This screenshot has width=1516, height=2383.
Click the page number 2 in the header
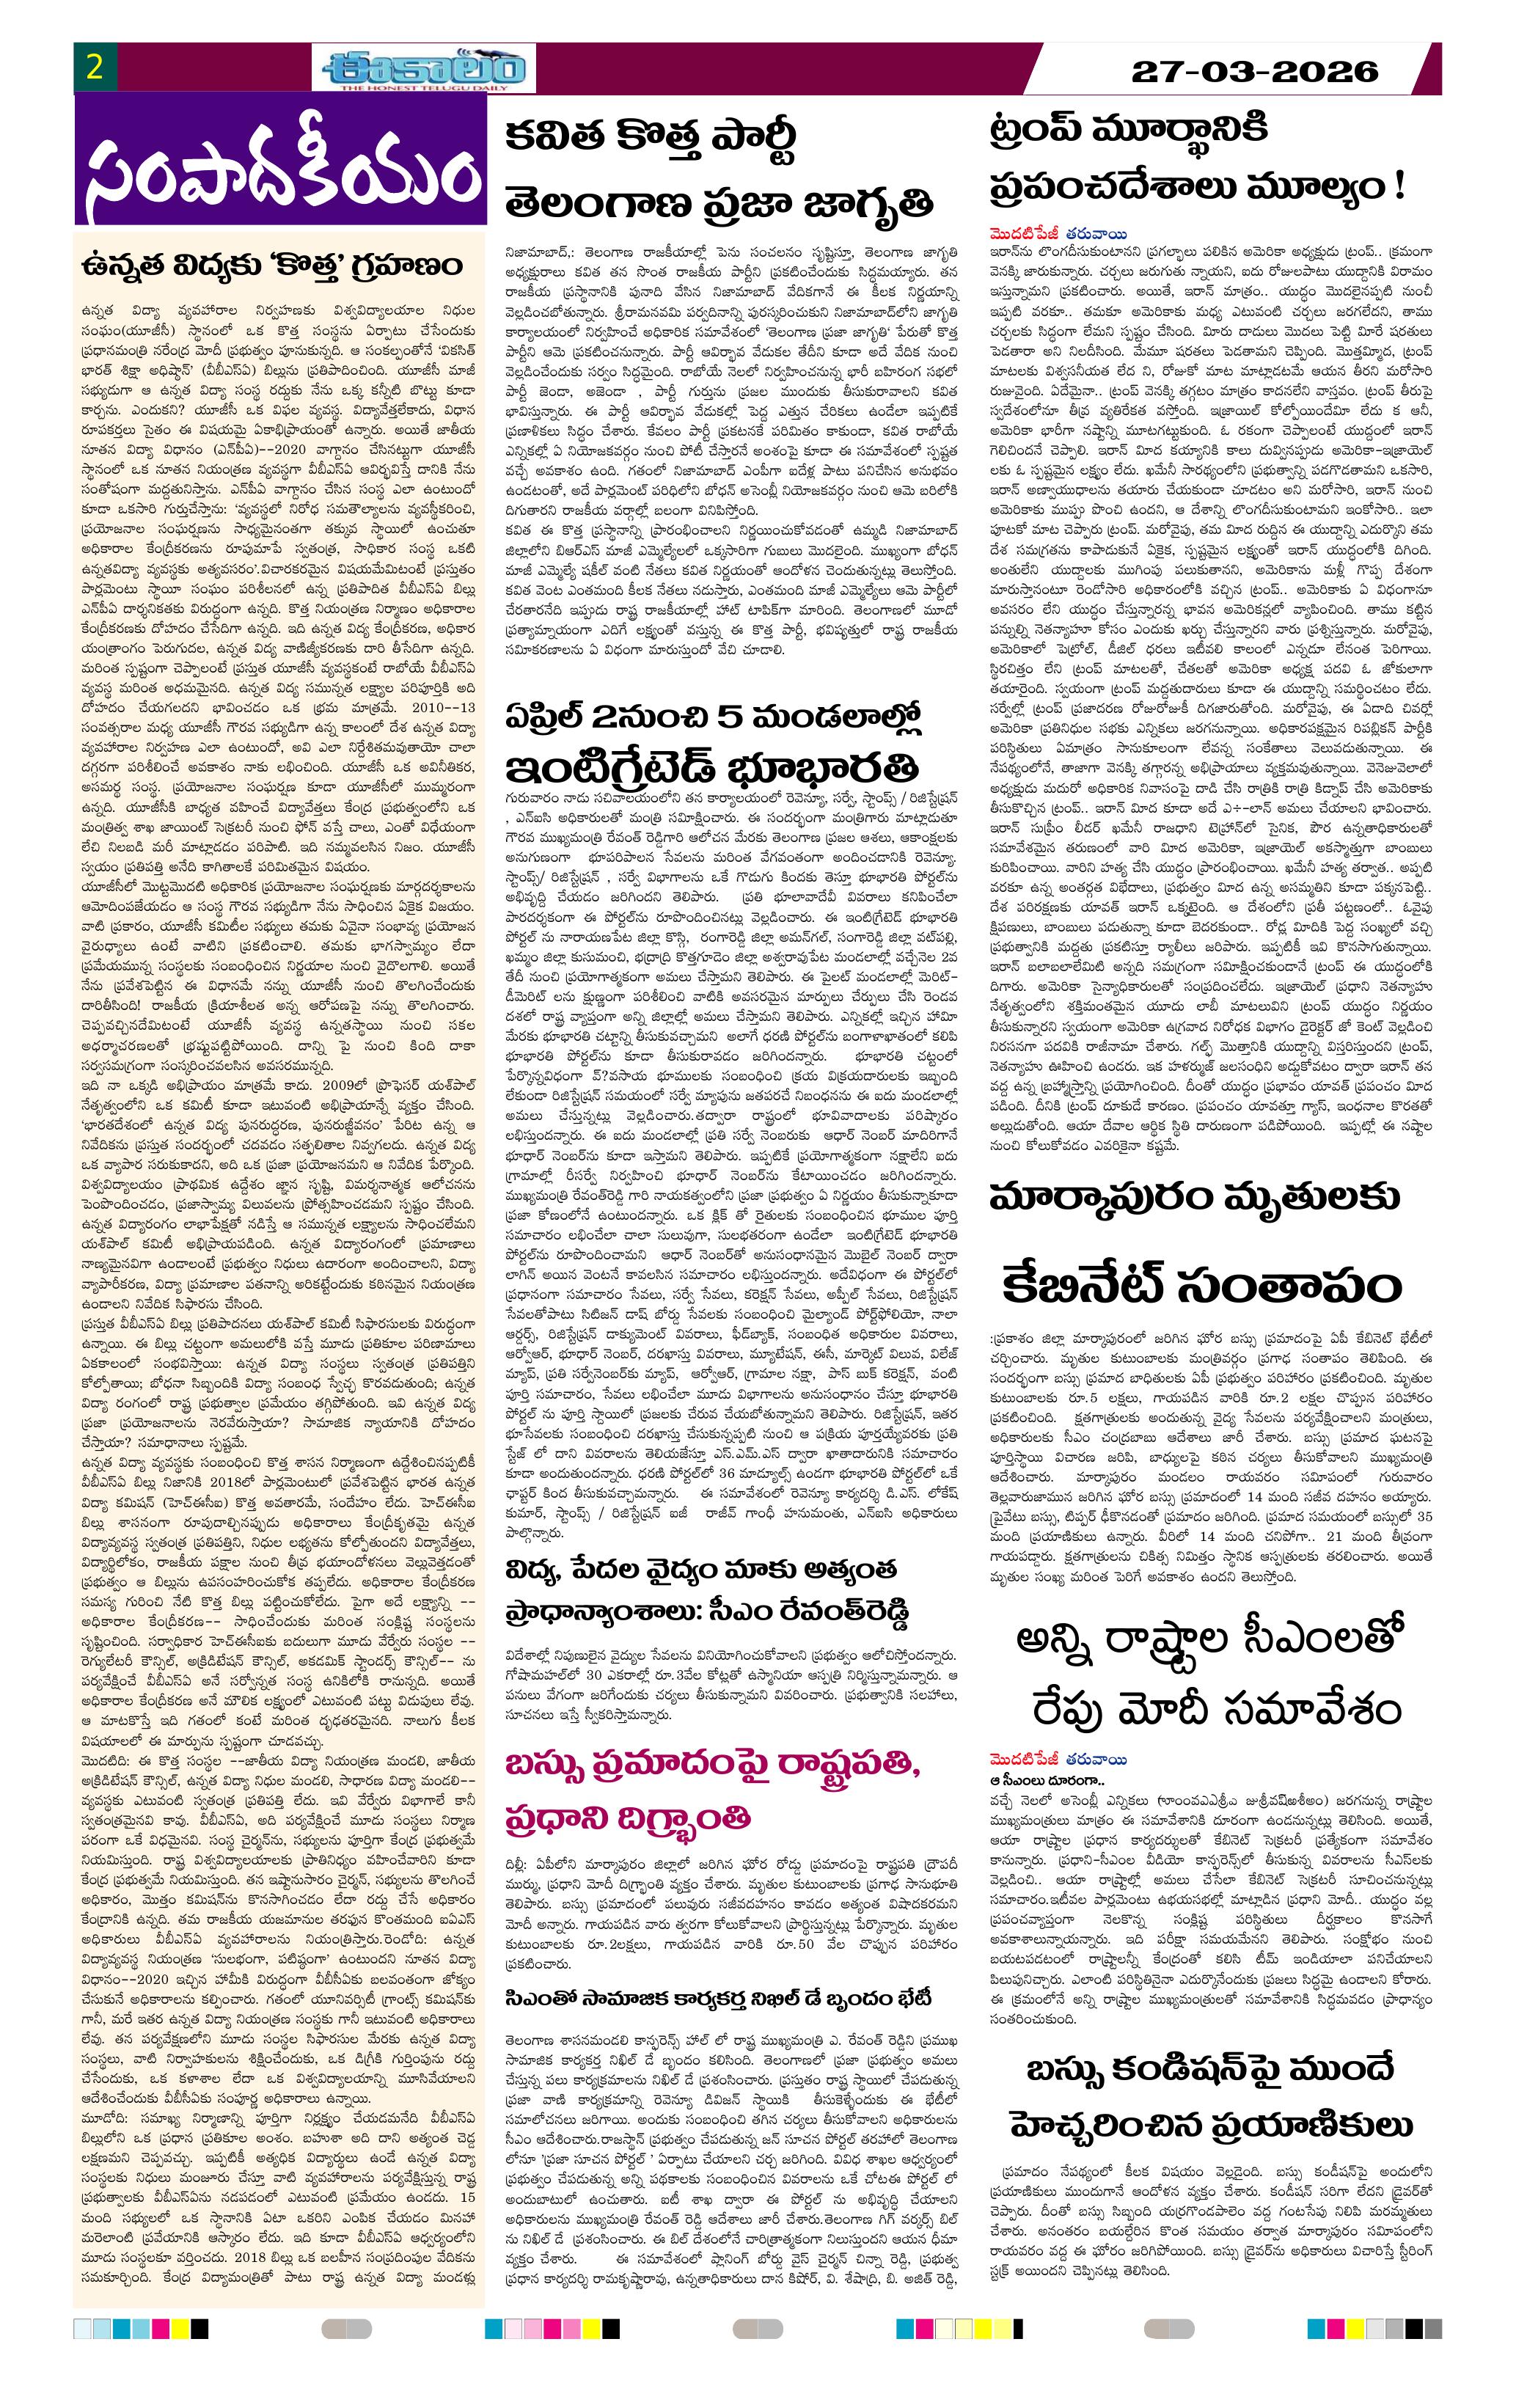pyautogui.click(x=95, y=67)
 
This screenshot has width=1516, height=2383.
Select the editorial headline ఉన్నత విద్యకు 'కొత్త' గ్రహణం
pyautogui.click(x=273, y=267)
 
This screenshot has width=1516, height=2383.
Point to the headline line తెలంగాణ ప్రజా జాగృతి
pyautogui.click(x=719, y=203)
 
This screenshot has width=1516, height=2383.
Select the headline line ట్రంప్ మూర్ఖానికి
pyautogui.click(x=1128, y=131)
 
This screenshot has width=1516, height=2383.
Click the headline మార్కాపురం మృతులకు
pyautogui.click(x=1195, y=1198)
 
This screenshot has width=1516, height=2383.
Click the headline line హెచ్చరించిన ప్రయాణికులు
pyautogui.click(x=1211, y=2123)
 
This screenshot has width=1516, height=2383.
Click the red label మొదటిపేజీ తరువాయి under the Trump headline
pyautogui.click(x=1058, y=235)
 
